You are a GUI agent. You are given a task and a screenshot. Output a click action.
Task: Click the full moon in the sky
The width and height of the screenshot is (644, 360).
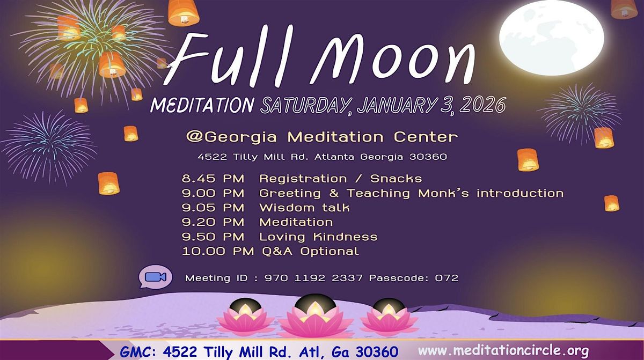[551, 37]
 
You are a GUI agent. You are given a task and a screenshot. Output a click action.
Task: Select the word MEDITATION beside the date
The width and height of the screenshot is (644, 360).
[202, 105]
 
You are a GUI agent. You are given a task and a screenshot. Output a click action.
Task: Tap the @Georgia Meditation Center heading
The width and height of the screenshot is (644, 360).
[321, 137]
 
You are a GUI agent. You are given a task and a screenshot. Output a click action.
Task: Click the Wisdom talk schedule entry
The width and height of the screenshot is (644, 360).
[304, 208]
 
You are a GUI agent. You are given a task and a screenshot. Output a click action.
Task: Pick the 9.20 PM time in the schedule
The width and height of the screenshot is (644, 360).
[213, 222]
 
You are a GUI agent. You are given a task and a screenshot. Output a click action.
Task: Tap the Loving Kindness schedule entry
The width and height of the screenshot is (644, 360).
[318, 237]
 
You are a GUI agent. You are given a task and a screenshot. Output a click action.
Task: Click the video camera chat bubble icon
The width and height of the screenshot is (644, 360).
[155, 277]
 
